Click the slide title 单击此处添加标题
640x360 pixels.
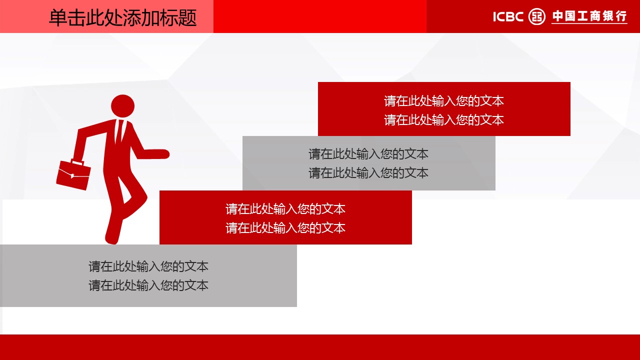pyautogui.click(x=123, y=17)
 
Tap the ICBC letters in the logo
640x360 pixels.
pyautogui.click(x=508, y=17)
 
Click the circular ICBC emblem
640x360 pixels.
pyautogui.click(x=537, y=16)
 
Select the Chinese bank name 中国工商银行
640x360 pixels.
pyautogui.click(x=589, y=16)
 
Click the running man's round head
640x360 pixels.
pyautogui.click(x=122, y=106)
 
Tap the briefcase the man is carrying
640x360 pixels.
pyautogui.click(x=73, y=174)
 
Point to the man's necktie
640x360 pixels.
pyautogui.click(x=119, y=132)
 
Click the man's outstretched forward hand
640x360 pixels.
pyautogui.click(x=161, y=154)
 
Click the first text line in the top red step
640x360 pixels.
pyautogui.click(x=443, y=101)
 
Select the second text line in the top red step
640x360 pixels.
pyautogui.click(x=443, y=120)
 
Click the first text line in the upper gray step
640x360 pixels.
pyautogui.click(x=368, y=154)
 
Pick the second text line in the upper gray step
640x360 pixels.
pyautogui.click(x=368, y=173)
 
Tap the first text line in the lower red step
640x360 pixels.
pyautogui.click(x=285, y=209)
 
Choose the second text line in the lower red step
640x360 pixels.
pyautogui.click(x=285, y=228)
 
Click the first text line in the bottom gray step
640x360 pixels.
pyautogui.click(x=148, y=266)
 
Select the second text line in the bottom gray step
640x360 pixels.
pyautogui.click(x=148, y=285)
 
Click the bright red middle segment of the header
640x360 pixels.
pyautogui.click(x=320, y=16)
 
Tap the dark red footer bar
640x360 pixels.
pyautogui.click(x=320, y=347)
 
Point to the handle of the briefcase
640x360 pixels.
pyautogui.click(x=77, y=162)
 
